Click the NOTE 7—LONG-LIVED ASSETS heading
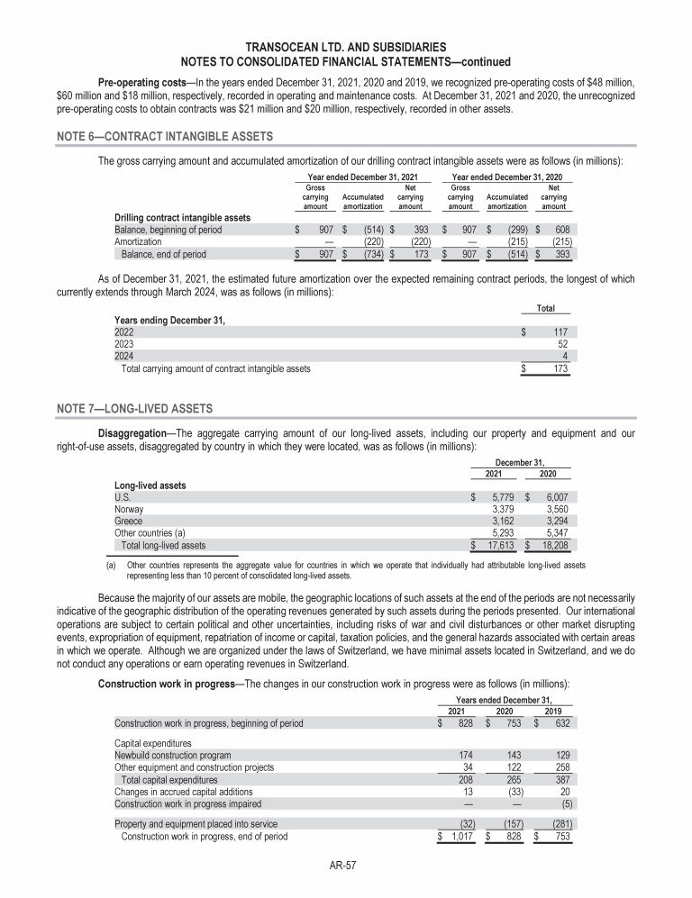(x=141, y=409)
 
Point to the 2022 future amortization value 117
(x=560, y=331)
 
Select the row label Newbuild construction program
(x=172, y=754)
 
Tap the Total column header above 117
(x=545, y=308)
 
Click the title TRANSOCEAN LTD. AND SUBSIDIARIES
(x=345, y=46)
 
